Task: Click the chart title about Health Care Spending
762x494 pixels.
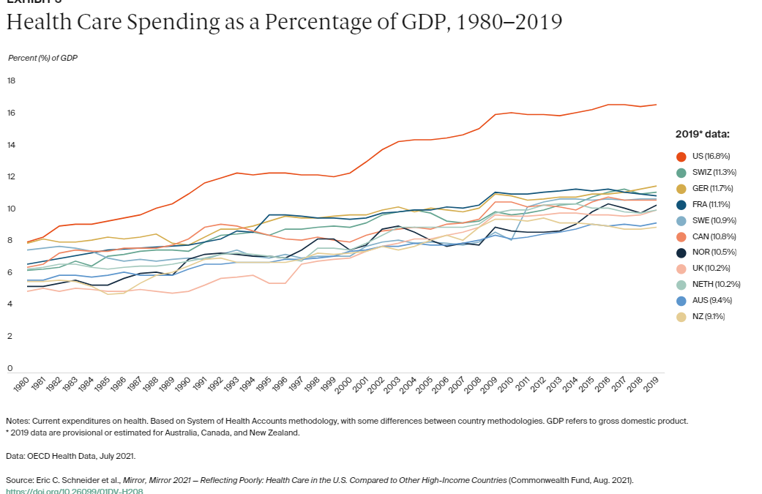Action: tap(284, 23)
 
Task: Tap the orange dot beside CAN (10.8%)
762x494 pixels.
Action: tap(681, 236)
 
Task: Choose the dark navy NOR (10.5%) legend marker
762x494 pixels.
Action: tap(681, 252)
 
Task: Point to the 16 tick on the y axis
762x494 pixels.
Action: tap(11, 113)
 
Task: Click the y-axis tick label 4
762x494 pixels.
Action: tap(10, 304)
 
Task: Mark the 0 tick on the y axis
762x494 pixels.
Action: tap(10, 367)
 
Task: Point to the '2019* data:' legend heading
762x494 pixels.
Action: tap(702, 134)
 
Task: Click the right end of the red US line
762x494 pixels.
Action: tap(655, 105)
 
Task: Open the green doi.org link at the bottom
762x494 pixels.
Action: tap(74, 491)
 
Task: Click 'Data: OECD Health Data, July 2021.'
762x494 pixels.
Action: tap(70, 455)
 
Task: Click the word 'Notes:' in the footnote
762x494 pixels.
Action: tap(19, 421)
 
